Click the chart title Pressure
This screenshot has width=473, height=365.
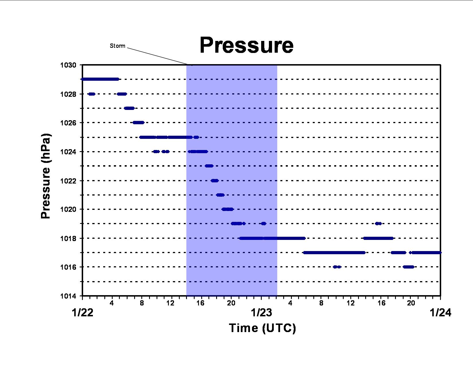coord(247,45)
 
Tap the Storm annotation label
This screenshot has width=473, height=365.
coord(118,46)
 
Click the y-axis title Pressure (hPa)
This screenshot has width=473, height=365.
coord(46,176)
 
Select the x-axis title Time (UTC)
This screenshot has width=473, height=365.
coord(263,328)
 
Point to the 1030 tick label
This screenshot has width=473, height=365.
coord(68,65)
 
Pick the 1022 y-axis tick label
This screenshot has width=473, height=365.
coord(68,181)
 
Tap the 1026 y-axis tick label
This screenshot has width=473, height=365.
coord(68,123)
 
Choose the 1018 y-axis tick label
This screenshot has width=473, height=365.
coord(68,239)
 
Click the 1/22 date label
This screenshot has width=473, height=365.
coord(83,313)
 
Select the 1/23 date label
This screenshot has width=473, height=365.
coord(261,313)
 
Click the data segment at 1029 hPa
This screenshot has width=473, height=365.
coord(100,79)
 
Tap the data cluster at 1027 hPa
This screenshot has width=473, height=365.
coord(129,108)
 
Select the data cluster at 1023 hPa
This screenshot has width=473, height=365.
coord(209,166)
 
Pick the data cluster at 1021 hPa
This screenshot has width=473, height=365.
coord(220,195)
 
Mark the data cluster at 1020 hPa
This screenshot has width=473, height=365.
coord(228,209)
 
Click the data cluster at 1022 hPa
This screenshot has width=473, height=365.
coord(215,181)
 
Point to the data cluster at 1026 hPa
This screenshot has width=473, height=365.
coord(138,123)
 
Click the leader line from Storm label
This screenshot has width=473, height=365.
coord(157,56)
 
